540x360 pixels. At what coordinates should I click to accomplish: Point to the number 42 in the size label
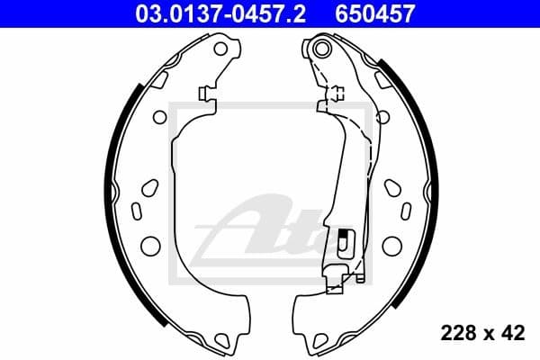[510, 333]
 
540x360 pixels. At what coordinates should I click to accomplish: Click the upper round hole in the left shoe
[159, 116]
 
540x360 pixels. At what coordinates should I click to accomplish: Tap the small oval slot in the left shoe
[137, 211]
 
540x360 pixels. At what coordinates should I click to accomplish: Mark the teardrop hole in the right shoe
[392, 187]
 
